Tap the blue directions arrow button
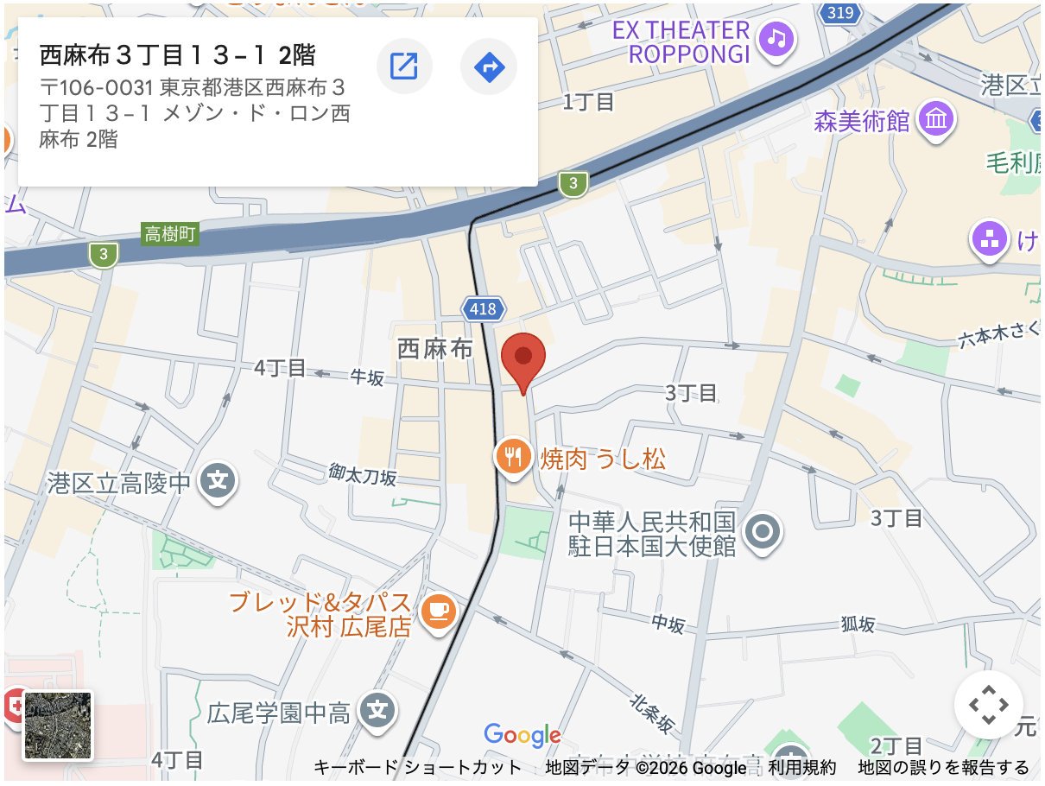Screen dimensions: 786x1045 pyautogui.click(x=489, y=66)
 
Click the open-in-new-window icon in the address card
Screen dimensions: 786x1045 pyautogui.click(x=404, y=66)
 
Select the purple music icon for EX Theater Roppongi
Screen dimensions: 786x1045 pyautogui.click(x=778, y=37)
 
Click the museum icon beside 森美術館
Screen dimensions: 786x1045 pyautogui.click(x=936, y=120)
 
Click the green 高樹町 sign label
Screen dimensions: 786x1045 pyautogui.click(x=170, y=233)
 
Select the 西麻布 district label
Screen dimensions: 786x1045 pyautogui.click(x=435, y=349)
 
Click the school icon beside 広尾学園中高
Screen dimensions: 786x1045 pyautogui.click(x=377, y=712)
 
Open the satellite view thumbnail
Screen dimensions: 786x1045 pyautogui.click(x=58, y=726)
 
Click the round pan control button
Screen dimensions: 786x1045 pyautogui.click(x=988, y=705)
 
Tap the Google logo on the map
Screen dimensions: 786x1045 pyautogui.click(x=522, y=735)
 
